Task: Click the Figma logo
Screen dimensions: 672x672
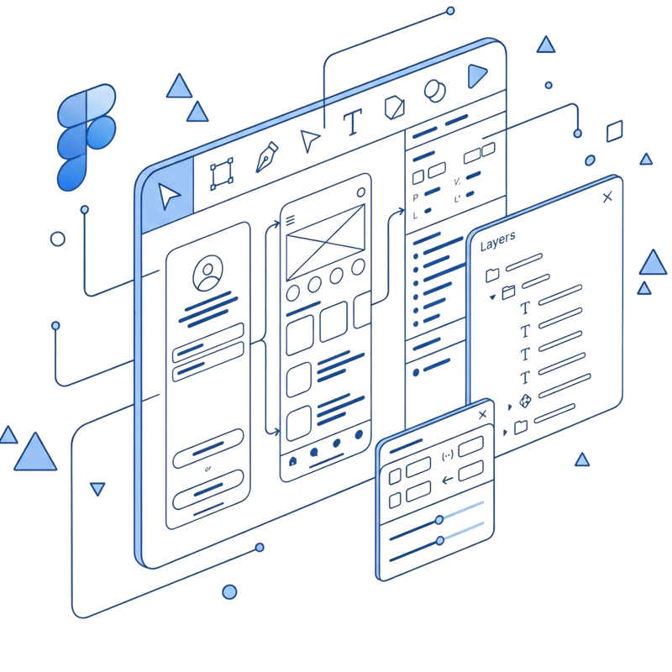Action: (87, 136)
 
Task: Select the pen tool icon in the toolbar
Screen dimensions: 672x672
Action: (266, 157)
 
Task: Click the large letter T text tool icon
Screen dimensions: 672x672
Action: (353, 122)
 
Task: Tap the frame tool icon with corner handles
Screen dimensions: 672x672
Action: (222, 174)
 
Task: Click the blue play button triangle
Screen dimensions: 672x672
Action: (476, 76)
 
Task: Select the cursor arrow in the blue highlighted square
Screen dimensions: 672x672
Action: (169, 196)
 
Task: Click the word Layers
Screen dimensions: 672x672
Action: (497, 241)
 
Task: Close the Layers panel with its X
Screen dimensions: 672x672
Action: (607, 197)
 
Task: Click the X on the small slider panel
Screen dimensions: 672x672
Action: (482, 414)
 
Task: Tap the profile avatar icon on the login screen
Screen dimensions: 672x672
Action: (207, 273)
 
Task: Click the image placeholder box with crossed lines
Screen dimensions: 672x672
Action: (325, 242)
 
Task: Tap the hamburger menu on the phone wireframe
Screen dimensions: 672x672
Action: (290, 220)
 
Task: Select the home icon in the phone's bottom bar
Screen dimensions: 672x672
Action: (292, 461)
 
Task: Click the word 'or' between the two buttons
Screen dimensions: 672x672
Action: (207, 469)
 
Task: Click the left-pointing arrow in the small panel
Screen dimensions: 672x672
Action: (448, 480)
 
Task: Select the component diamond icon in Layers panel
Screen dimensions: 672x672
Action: (526, 402)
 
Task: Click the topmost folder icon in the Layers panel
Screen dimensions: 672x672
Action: (492, 275)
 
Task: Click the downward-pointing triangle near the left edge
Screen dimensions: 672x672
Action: (97, 489)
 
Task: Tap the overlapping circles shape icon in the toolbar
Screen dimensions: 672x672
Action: (434, 91)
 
